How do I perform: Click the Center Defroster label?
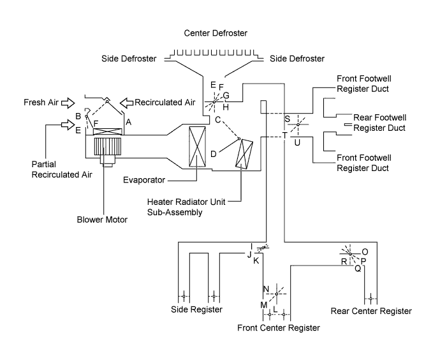[x=216, y=33]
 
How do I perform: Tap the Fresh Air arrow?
[x=68, y=103]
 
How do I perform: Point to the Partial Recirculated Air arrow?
[x=68, y=124]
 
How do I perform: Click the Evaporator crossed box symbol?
[x=197, y=147]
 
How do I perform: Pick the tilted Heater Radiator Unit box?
[x=244, y=154]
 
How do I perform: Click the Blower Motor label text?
[x=102, y=220]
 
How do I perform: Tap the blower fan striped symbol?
[x=108, y=146]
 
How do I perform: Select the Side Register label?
[x=196, y=310]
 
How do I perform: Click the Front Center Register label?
[x=279, y=328]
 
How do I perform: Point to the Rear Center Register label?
[x=371, y=311]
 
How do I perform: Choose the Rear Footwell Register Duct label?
[x=379, y=123]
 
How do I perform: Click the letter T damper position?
[x=285, y=135]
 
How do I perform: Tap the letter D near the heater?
[x=213, y=154]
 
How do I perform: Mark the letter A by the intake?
[x=129, y=122]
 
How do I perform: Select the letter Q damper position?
[x=358, y=269]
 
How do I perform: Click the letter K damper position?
[x=256, y=261]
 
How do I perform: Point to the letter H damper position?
[x=226, y=107]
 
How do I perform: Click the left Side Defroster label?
[x=129, y=59]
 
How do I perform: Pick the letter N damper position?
[x=266, y=289]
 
